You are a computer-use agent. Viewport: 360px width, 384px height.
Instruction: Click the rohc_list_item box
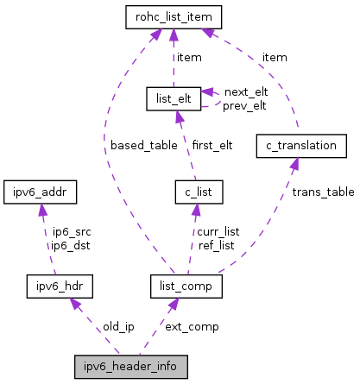pos(174,16)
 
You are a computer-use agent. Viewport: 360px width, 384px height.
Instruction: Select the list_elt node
pos(173,98)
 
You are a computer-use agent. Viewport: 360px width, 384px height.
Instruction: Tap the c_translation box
pos(301,145)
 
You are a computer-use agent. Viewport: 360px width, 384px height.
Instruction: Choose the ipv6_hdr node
pos(58,284)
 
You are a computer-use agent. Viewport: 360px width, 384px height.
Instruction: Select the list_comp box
pos(186,284)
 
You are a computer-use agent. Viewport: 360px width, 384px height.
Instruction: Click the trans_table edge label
pos(322,192)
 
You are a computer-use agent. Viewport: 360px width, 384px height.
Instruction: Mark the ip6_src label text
pos(72,231)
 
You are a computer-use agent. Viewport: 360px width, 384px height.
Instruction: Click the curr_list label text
pos(218,231)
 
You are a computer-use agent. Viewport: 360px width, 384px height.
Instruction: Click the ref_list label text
pos(216,244)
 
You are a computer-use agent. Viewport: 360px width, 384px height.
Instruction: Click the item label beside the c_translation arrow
pos(275,57)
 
